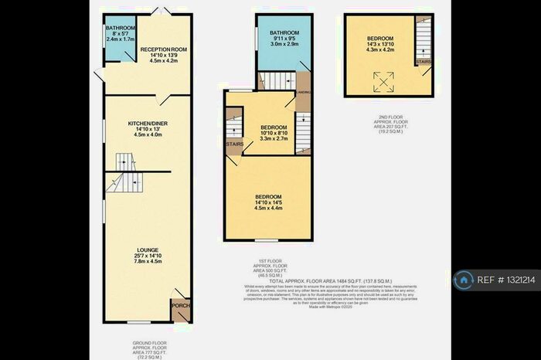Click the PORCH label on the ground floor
(x=179, y=304)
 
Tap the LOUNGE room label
(x=148, y=250)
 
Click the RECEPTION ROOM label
(x=148, y=48)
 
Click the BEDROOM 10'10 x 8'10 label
(x=274, y=127)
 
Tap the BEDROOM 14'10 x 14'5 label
(x=269, y=197)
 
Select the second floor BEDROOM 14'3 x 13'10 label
(x=380, y=39)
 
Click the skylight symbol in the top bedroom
(x=380, y=79)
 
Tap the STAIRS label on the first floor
(x=234, y=144)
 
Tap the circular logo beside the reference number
(x=464, y=280)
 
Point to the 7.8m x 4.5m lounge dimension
(x=148, y=261)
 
